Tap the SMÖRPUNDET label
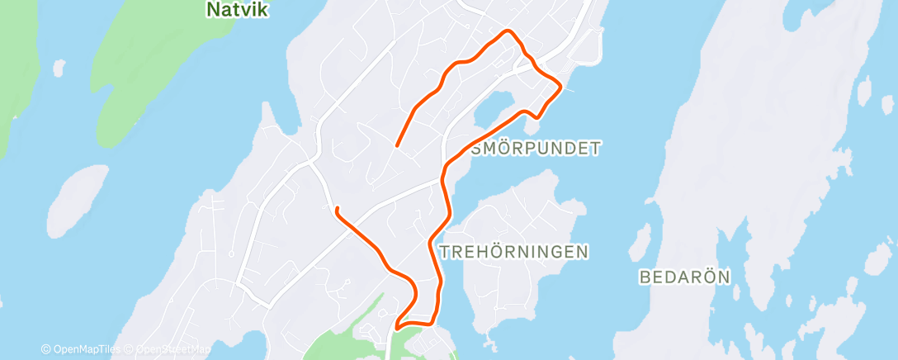pyautogui.click(x=536, y=149)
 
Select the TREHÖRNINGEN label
pyautogui.click(x=515, y=252)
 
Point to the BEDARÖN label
pyautogui.click(x=684, y=277)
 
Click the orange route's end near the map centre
pyautogui.click(x=398, y=146)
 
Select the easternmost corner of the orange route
pyautogui.click(x=561, y=85)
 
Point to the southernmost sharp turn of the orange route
pyautogui.click(x=398, y=327)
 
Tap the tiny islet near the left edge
pyautogui.click(x=58, y=65)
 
